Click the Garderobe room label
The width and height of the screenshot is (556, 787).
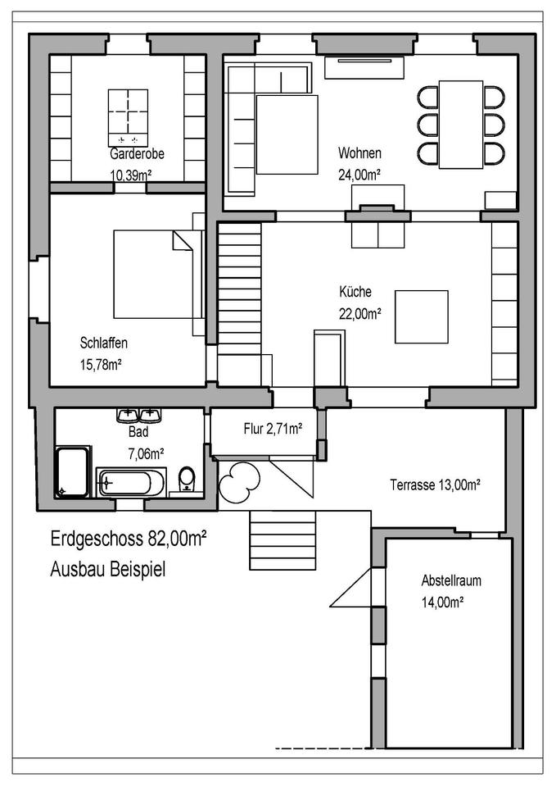[x=137, y=153]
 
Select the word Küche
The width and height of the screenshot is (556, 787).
[x=355, y=292]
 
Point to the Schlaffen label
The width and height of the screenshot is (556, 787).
[x=104, y=343]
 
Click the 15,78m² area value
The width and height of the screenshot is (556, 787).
[x=101, y=364]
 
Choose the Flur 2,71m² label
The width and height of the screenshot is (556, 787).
[x=273, y=429]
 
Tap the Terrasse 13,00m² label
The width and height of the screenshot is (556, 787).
[x=435, y=484]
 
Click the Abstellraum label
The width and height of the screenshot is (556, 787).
[x=451, y=580]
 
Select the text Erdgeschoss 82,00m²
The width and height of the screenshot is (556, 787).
[x=129, y=539]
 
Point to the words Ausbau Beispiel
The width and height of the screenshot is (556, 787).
[x=108, y=569]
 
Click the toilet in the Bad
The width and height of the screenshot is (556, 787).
[x=187, y=479]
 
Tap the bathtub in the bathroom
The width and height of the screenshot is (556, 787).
[x=131, y=483]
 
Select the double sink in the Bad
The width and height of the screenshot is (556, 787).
[x=139, y=415]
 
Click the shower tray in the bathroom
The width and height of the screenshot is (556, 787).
[x=73, y=471]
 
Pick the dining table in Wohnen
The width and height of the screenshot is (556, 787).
[x=461, y=125]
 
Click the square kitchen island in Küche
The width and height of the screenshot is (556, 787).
[x=421, y=316]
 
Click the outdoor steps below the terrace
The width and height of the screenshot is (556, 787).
[x=283, y=540]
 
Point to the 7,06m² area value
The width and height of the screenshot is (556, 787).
[x=147, y=453]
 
